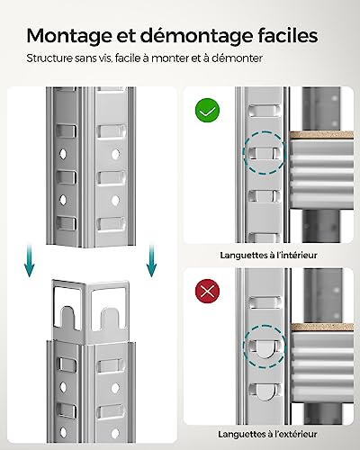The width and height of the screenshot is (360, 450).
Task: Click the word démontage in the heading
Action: pos(184,36)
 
